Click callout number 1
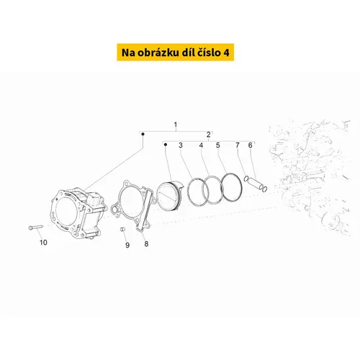pyautogui.click(x=176, y=125)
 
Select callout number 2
pyautogui.click(x=209, y=135)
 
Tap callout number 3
pyautogui.click(x=181, y=145)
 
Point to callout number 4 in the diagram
pyautogui.click(x=201, y=145)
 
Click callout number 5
pyautogui.click(x=218, y=145)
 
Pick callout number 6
pyautogui.click(x=251, y=145)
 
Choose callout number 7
pyautogui.click(x=238, y=145)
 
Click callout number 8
pyautogui.click(x=146, y=244)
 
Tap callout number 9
pyautogui.click(x=127, y=246)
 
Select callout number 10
pyautogui.click(x=43, y=243)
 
